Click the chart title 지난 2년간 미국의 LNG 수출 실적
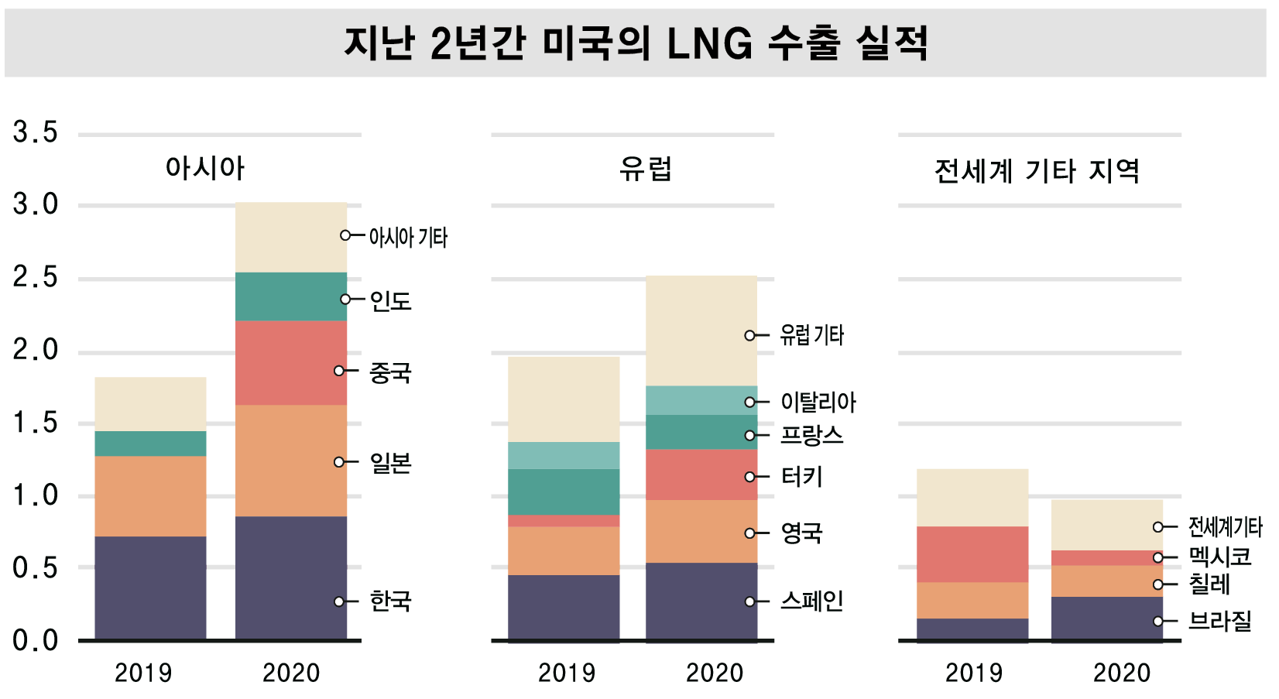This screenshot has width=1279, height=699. (636, 43)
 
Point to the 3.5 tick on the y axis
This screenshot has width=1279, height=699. (35, 132)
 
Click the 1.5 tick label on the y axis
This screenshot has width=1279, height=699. (35, 423)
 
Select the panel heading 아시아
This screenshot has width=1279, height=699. (205, 168)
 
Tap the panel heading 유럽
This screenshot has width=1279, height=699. (645, 168)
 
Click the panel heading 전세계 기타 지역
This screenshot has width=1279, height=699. (1037, 170)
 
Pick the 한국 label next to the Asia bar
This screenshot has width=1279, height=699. (390, 601)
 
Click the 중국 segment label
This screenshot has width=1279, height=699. (390, 372)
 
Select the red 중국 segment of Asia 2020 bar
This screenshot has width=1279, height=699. (290, 362)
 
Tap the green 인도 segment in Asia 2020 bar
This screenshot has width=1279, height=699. (290, 296)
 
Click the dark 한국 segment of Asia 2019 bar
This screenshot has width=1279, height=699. (150, 588)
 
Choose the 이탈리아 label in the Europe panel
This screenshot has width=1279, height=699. (818, 402)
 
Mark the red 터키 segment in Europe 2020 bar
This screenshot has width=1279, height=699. (701, 475)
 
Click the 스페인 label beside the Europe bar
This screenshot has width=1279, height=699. (811, 601)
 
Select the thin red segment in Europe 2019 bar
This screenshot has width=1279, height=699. (564, 521)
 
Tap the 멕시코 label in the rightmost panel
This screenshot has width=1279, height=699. (1220, 557)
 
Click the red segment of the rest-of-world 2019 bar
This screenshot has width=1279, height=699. (972, 554)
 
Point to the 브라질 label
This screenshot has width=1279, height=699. (1220, 621)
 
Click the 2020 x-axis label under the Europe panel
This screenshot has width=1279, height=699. (714, 673)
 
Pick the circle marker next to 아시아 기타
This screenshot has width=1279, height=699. (345, 235)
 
